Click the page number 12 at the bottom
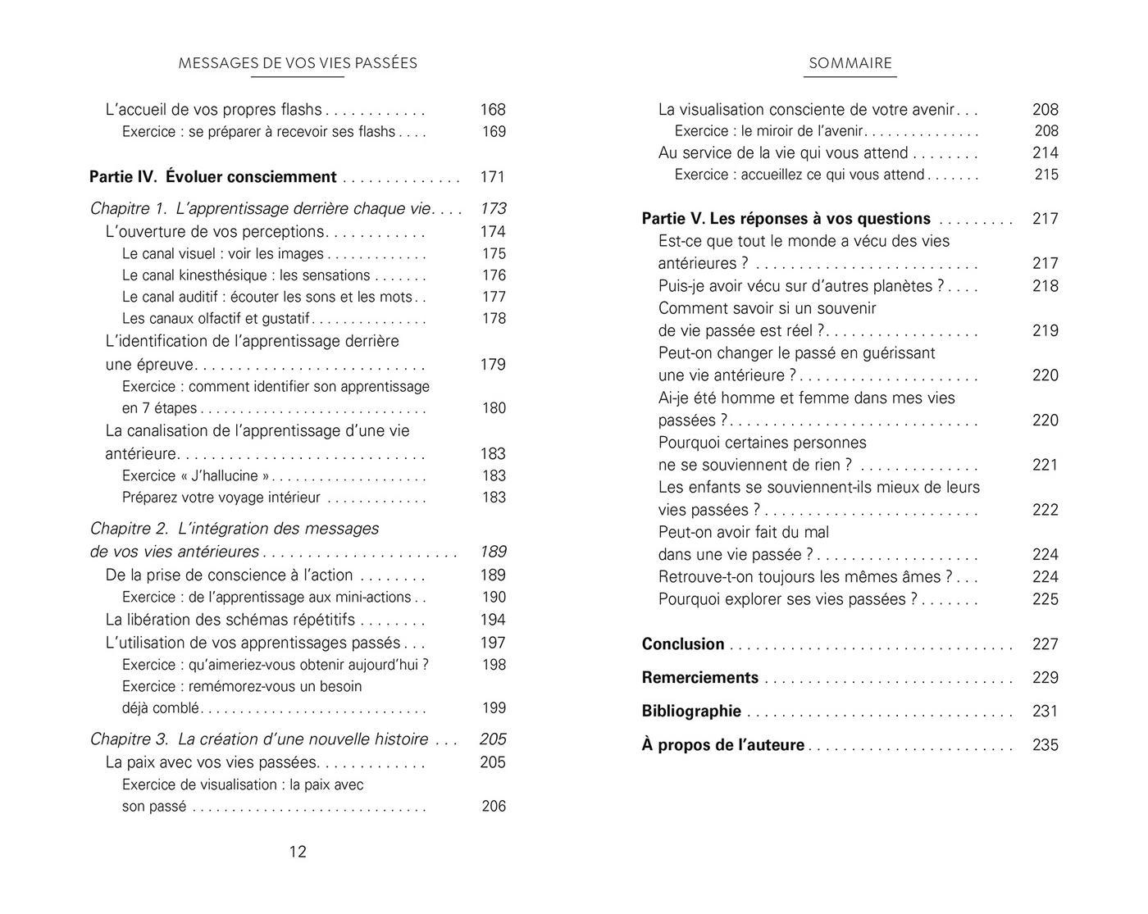298,852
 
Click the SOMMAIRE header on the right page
850,63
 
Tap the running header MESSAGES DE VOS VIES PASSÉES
298,63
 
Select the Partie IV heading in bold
212,177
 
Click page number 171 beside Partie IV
493,177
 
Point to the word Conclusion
683,644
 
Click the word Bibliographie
691,712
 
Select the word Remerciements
700,678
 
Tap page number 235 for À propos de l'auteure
1045,745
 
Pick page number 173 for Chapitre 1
493,209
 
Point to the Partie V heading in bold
786,219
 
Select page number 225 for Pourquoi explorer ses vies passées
1045,599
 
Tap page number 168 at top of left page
493,110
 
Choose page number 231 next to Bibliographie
1045,712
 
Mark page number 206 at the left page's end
494,807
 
